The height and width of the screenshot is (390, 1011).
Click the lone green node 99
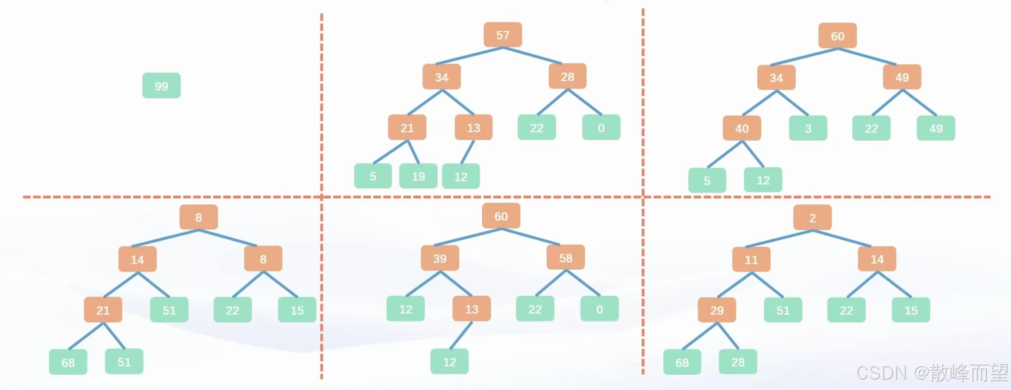(x=161, y=86)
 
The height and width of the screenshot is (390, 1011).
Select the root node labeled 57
(x=503, y=35)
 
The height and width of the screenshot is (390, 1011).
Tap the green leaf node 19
(x=418, y=176)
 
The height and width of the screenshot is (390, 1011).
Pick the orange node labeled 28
(x=567, y=77)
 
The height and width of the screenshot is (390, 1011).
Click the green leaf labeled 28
(x=738, y=362)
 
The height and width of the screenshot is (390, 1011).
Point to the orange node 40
(x=741, y=128)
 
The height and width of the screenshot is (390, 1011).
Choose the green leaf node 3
(x=807, y=128)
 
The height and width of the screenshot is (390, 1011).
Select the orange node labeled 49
(x=902, y=77)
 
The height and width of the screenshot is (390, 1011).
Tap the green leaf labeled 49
(x=935, y=128)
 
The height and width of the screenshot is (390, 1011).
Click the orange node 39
(x=439, y=259)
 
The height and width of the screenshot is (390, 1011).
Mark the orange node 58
(x=565, y=258)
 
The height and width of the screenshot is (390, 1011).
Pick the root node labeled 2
(x=812, y=218)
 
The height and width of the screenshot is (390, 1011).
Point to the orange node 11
(x=751, y=260)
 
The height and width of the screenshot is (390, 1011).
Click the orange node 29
(x=717, y=311)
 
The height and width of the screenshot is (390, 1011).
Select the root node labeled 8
(x=198, y=217)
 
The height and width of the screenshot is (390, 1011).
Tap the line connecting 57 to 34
(x=469, y=56)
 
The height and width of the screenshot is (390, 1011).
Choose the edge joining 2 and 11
(x=779, y=239)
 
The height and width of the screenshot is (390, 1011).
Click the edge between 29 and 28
(x=728, y=336)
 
